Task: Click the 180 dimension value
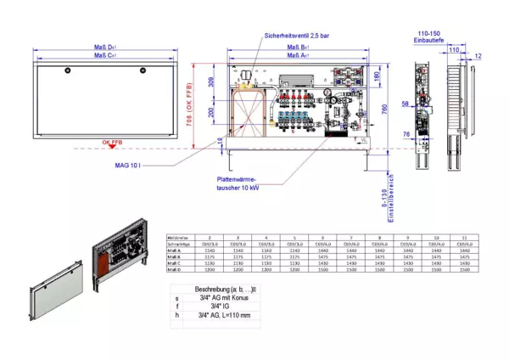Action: (377, 77)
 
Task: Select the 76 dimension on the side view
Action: (406, 133)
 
